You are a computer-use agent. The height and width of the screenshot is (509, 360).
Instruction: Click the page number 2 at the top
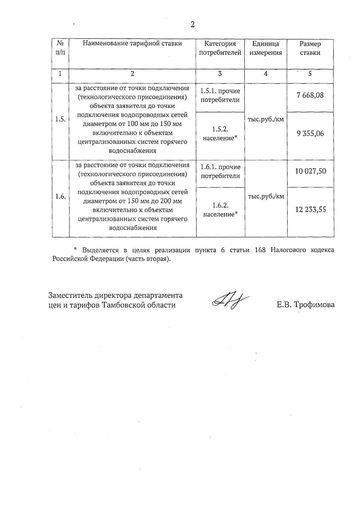pos(193,25)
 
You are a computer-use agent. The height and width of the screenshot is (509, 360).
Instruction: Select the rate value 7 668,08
pos(310,95)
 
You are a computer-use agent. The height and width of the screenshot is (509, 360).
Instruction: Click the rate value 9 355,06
pos(310,133)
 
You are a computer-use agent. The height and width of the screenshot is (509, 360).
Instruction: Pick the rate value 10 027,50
pos(310,171)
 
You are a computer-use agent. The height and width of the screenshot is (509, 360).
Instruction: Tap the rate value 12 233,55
pos(310,209)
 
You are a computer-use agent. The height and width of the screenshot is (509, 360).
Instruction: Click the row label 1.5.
pos(60,119)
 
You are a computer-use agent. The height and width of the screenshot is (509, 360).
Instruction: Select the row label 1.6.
pos(60,196)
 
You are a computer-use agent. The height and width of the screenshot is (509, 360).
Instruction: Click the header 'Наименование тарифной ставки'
pos(132,43)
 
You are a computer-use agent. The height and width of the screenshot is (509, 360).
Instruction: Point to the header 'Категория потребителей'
pos(220,48)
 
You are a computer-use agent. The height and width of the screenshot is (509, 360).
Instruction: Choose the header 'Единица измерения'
pos(265,48)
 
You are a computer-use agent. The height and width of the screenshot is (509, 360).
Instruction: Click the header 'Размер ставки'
pos(310,48)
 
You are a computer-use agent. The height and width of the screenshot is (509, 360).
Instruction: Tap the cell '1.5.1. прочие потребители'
pos(220,95)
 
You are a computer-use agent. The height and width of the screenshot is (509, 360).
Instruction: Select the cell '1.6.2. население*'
pos(220,210)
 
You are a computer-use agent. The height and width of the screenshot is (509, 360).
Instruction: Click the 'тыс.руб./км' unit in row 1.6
pos(266,196)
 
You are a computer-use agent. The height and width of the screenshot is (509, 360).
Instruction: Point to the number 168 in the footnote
pos(260,250)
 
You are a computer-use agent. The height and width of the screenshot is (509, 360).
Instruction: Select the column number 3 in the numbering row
pos(220,73)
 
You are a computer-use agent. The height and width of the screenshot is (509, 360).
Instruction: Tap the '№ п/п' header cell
pos(60,48)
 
